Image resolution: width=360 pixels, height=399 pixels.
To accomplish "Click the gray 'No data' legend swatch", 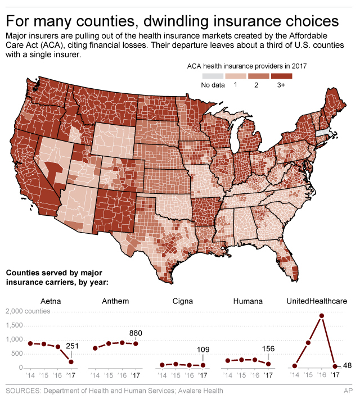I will click(213, 76).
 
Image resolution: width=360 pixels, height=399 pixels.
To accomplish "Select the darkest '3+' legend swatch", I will click(282, 76).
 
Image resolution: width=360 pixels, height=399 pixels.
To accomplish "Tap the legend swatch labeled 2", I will click(259, 76).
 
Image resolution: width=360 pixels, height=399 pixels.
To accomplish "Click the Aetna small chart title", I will click(51, 301).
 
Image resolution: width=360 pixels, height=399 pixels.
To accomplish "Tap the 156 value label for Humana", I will click(269, 349).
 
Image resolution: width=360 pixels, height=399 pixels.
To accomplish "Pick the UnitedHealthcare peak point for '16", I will click(321, 316).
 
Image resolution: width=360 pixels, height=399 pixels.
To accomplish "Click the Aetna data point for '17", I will click(71, 361).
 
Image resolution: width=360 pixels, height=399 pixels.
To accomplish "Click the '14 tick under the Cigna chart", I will click(161, 375).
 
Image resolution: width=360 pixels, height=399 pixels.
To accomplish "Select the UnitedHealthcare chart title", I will click(317, 301).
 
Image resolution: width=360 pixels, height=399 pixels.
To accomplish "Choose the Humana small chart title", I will click(247, 301).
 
